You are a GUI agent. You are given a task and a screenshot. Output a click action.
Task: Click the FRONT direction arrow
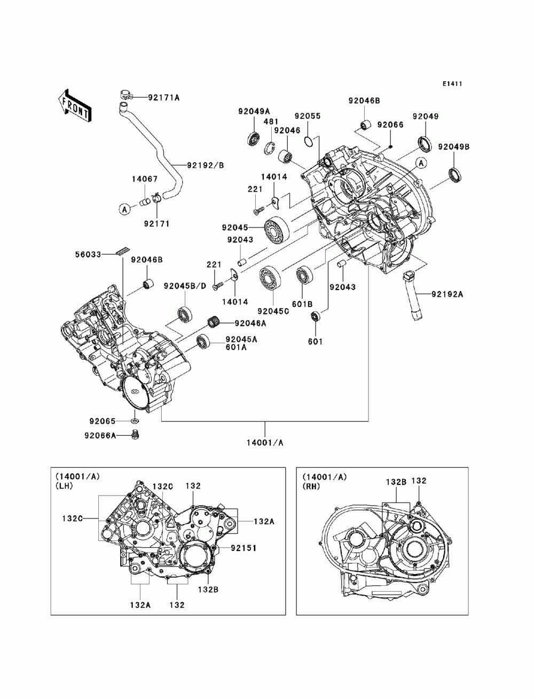[x=74, y=106]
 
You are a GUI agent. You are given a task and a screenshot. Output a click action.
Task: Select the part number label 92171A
[x=163, y=97]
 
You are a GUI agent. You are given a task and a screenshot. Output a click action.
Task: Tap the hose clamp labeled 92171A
[x=127, y=94]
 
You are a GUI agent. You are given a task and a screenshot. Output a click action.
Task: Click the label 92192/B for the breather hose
[x=205, y=166]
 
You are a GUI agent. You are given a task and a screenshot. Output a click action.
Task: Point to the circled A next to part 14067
[x=125, y=209]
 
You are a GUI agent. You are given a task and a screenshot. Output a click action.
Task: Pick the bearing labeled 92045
[x=277, y=229]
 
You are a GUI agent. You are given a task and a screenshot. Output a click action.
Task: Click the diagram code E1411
[x=452, y=84]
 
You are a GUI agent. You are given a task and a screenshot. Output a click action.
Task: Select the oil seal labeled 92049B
[x=456, y=175]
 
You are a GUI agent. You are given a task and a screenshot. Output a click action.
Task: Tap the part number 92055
[x=307, y=116]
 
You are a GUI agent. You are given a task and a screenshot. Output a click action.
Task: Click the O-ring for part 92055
[x=309, y=141]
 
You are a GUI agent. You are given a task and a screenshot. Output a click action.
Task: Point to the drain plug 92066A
[x=135, y=435]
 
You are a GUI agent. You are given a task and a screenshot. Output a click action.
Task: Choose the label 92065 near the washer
[x=102, y=421]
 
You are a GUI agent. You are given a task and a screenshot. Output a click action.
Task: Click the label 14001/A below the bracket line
[x=265, y=443]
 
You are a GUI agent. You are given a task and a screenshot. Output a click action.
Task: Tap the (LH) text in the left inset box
[x=64, y=486]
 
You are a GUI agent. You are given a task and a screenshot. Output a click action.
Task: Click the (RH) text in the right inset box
[x=311, y=486]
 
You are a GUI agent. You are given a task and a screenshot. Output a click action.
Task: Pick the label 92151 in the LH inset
[x=244, y=548]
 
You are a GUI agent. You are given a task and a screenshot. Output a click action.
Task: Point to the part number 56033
[x=88, y=254]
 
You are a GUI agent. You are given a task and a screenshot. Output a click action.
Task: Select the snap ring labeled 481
[x=269, y=147]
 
